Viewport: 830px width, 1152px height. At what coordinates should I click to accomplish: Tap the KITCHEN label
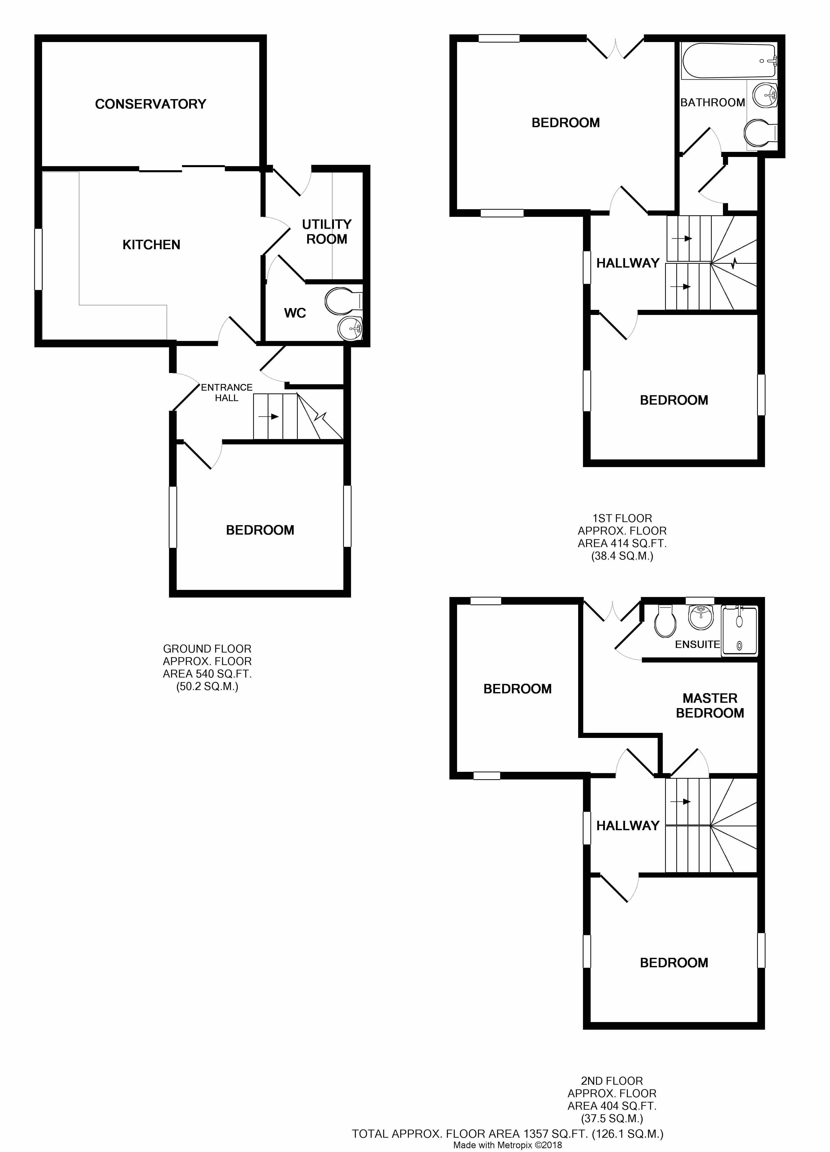(151, 245)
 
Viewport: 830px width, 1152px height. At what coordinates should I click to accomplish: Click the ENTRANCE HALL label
(227, 393)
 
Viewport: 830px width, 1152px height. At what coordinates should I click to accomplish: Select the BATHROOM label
(712, 103)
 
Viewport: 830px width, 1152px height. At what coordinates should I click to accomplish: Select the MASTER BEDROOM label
(710, 706)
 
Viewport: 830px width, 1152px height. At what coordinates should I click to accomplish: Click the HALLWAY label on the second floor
(628, 826)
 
